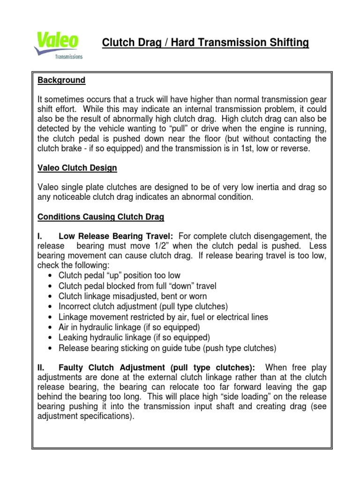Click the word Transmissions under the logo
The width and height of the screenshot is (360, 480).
point(69,57)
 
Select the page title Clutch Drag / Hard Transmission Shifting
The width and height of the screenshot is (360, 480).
point(206,43)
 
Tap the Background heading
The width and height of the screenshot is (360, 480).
point(61,80)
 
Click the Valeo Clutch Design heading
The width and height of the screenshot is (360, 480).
point(77,168)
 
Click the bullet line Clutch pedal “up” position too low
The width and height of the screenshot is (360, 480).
point(119,276)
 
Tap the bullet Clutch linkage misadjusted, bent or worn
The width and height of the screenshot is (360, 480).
point(132,296)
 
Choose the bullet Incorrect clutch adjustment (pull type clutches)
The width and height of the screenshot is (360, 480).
point(143,307)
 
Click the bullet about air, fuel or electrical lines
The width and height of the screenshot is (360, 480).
point(163,317)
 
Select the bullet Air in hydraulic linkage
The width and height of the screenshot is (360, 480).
point(129,327)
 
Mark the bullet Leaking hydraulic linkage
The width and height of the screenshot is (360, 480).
point(134,337)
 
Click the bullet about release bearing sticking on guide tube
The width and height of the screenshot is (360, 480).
point(167,348)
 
